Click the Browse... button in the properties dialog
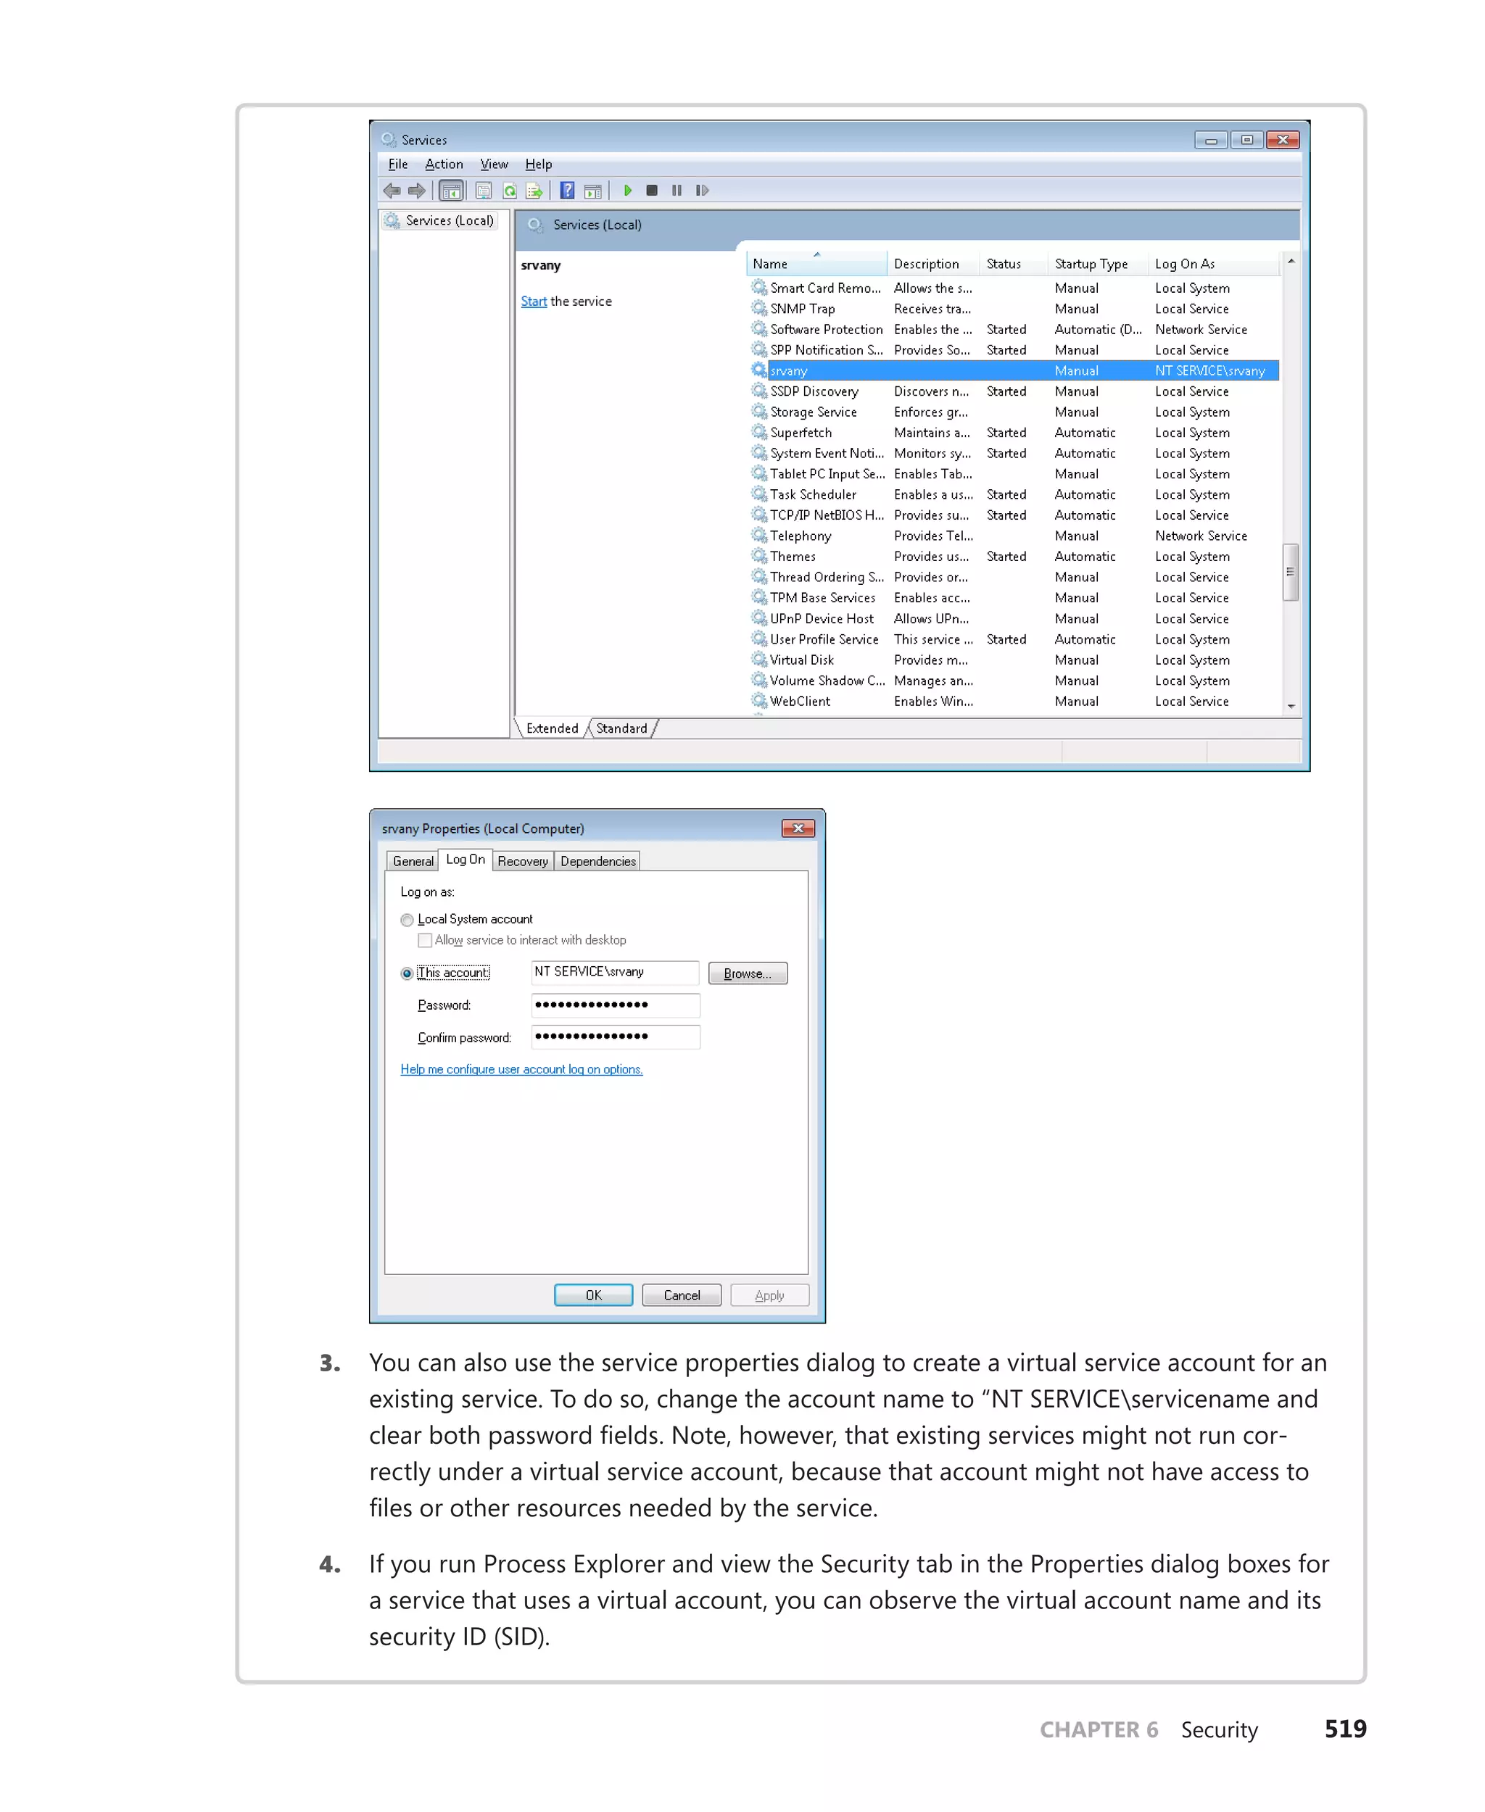coord(747,973)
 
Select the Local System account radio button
coord(408,920)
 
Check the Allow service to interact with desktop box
coord(424,941)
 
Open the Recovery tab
coord(523,861)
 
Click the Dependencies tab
coord(598,861)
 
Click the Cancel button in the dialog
coord(681,1295)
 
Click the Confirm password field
coord(615,1036)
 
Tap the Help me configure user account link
coord(521,1070)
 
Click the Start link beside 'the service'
coord(533,302)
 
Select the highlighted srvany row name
coord(788,371)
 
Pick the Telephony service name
coord(800,536)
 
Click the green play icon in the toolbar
coord(628,191)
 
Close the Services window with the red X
coord(1282,139)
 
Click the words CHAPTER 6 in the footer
coord(1099,1730)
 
